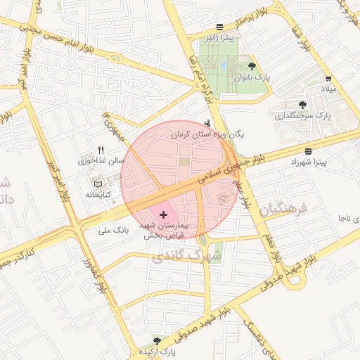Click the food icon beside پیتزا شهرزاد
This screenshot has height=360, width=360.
308,151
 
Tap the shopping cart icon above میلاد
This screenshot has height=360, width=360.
328,78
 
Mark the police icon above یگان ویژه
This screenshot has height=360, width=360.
207,122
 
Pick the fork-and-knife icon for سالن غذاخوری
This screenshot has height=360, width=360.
101,149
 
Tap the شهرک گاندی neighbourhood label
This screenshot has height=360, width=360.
186,257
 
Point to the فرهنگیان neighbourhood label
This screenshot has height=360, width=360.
283,209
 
